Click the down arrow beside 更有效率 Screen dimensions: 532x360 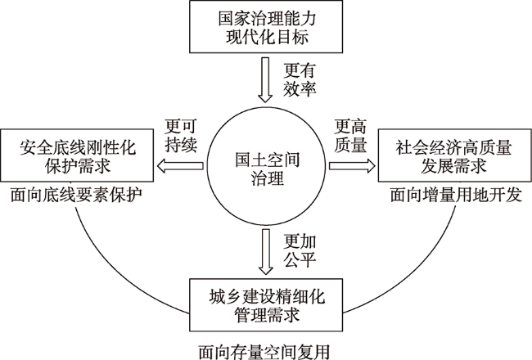point(265,80)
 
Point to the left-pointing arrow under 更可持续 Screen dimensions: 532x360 point(179,165)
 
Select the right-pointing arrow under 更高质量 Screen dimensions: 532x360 point(352,165)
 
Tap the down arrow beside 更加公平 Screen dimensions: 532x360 point(265,252)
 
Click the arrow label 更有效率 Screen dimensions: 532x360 point(300,80)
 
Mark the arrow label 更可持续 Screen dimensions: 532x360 point(181,136)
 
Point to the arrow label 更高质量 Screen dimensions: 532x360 point(351,136)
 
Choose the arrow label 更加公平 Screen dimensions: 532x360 point(300,251)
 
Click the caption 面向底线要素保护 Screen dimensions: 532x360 point(76,195)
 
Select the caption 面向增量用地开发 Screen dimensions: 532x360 point(456,195)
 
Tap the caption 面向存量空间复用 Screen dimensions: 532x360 point(264,352)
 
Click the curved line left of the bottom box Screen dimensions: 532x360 point(112,278)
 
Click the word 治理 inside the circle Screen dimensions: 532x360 point(268,178)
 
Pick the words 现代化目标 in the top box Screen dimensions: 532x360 point(268,37)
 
